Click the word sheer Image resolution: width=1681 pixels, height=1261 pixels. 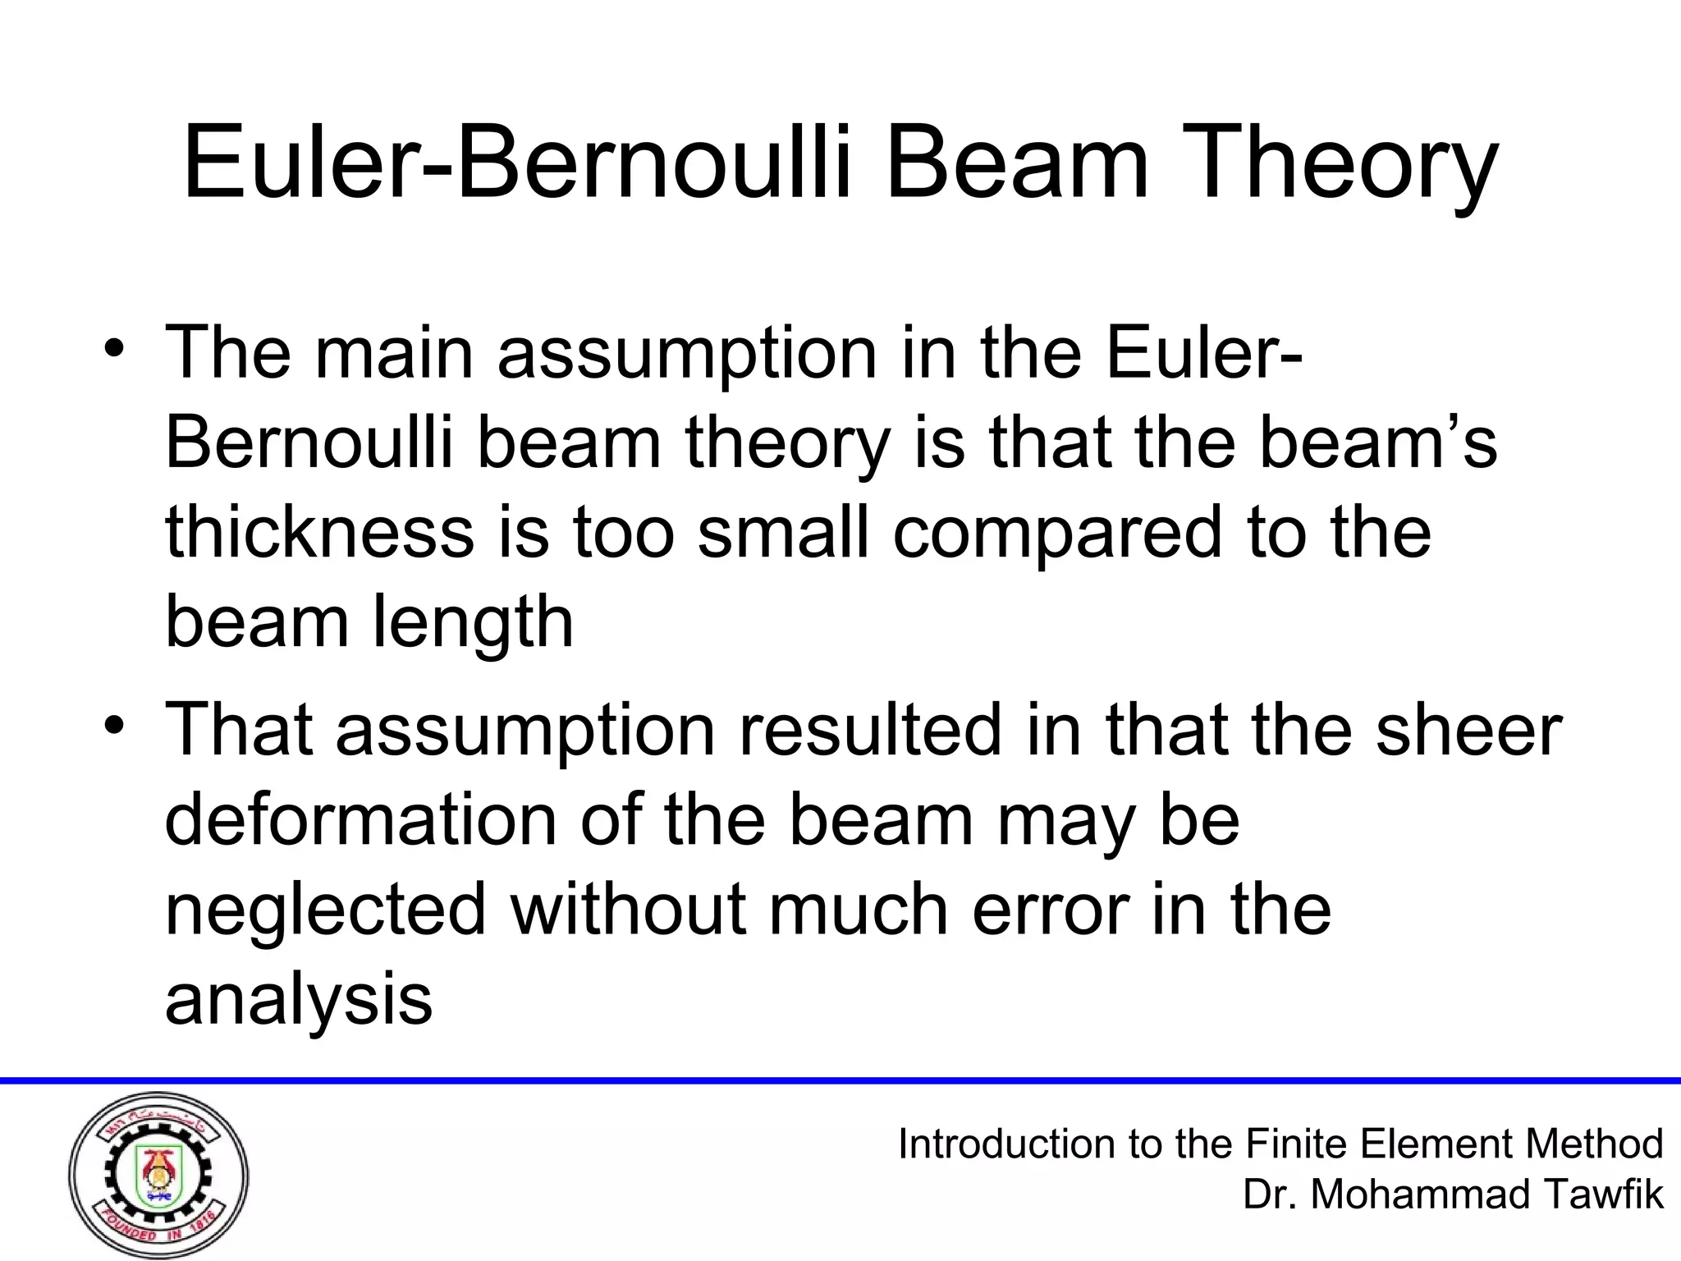pos(1468,730)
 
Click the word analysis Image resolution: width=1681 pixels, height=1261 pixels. pos(298,1001)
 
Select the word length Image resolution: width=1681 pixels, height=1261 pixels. pos(473,623)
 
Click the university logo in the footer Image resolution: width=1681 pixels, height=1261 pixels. pos(158,1176)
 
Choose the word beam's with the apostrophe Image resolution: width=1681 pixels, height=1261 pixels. pos(1377,442)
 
